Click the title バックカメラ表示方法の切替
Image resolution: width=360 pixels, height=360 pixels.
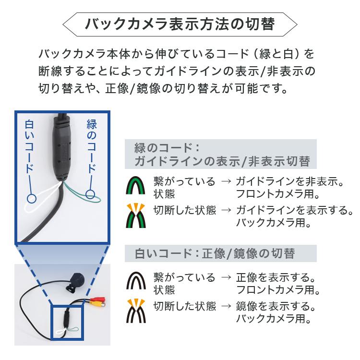[x=180, y=24]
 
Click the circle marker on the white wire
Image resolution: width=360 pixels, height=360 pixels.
[x=32, y=198]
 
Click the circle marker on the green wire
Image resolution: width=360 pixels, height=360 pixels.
[x=90, y=194]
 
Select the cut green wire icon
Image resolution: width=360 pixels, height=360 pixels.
[x=136, y=216]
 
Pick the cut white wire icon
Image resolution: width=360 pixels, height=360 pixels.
[x=136, y=312]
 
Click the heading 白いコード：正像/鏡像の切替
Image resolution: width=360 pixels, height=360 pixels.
[x=215, y=253]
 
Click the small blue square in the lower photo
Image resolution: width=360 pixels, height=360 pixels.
[x=68, y=321]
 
